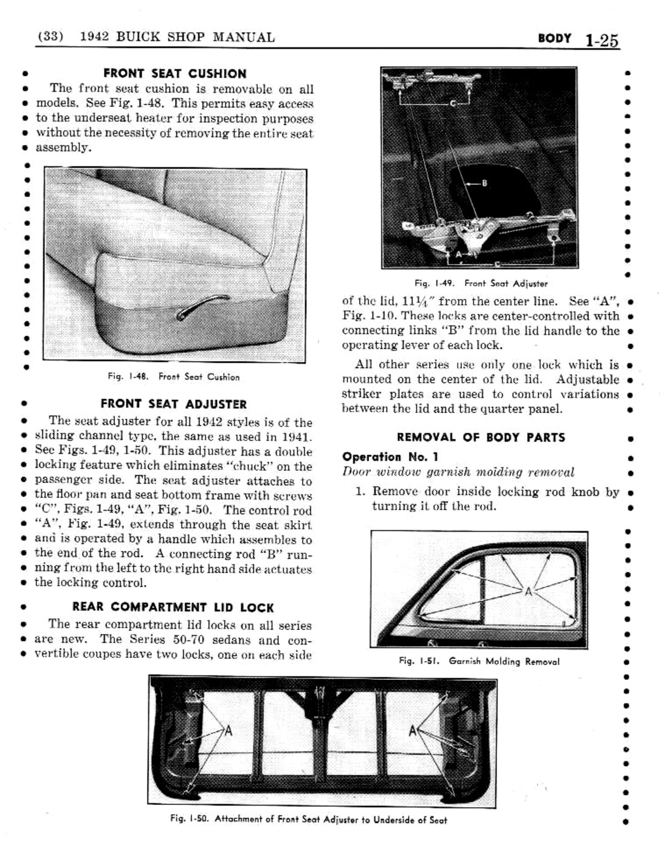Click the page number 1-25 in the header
[x=601, y=40]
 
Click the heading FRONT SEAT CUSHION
[x=174, y=74]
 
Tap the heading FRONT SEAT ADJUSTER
[x=173, y=404]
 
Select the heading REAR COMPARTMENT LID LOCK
[x=173, y=607]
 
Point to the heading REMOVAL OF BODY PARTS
[x=481, y=437]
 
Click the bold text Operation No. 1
[x=390, y=457]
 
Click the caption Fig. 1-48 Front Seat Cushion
[x=173, y=377]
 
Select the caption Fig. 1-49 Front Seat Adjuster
[x=481, y=283]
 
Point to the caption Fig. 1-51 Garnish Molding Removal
[x=479, y=661]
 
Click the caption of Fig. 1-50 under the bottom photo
[x=309, y=820]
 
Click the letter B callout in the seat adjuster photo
[x=484, y=183]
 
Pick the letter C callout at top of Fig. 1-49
[x=452, y=103]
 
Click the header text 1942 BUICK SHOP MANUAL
[x=177, y=37]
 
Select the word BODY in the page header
[x=554, y=38]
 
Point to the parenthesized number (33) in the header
[x=50, y=36]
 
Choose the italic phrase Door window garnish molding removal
[x=458, y=472]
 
